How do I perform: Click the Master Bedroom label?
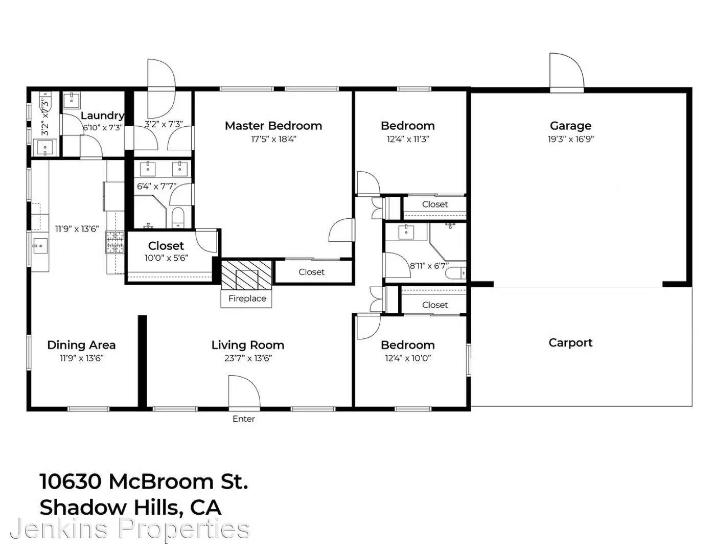point(273,126)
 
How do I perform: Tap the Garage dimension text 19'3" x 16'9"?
point(570,139)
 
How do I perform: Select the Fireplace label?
point(247,298)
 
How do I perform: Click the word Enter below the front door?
point(243,419)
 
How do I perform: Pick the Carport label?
point(570,342)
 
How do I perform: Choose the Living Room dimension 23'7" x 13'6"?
point(248,358)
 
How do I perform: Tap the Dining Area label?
point(81,345)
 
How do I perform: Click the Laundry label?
point(102,116)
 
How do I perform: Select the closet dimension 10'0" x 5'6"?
point(166,258)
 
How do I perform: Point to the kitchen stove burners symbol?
point(114,242)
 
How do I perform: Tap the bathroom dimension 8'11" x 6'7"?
point(429,266)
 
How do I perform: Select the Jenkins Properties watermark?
point(130,529)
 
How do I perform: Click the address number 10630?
point(72,481)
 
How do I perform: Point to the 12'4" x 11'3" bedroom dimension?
point(408,139)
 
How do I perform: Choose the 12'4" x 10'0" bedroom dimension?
point(408,358)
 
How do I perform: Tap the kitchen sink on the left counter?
point(40,246)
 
